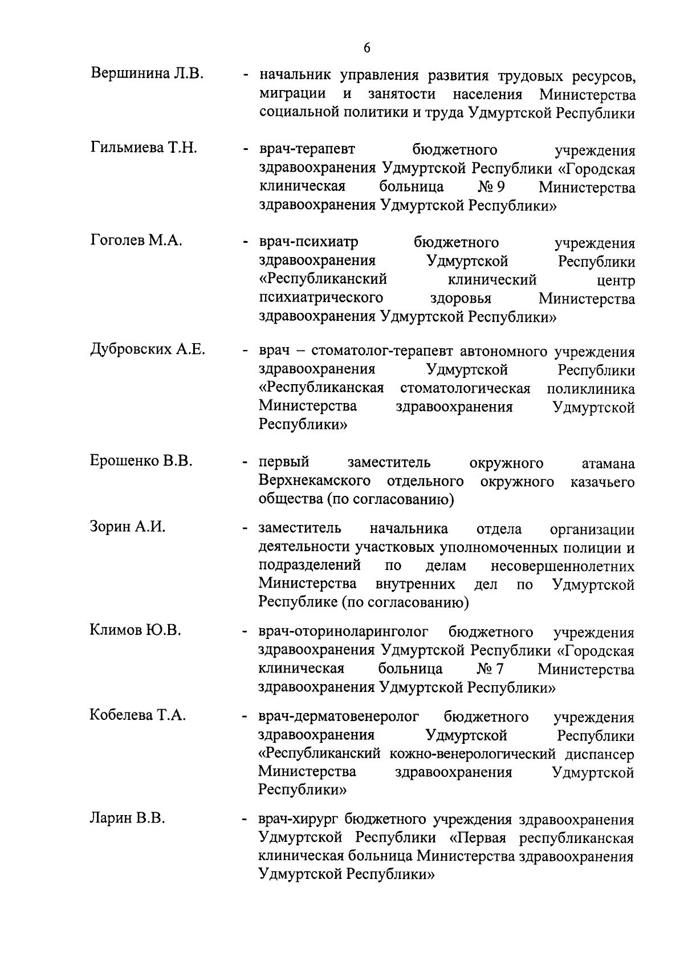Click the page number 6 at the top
(x=367, y=48)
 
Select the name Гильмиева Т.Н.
(x=144, y=148)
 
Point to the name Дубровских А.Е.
(x=148, y=349)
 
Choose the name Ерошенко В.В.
(x=141, y=461)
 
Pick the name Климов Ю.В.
(x=135, y=630)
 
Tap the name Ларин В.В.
(x=127, y=819)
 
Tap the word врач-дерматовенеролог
(x=339, y=716)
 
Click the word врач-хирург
(x=299, y=820)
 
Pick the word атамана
(x=606, y=463)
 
